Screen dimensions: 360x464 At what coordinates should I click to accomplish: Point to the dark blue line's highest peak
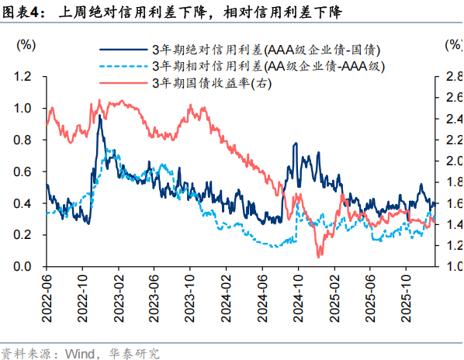[99, 116]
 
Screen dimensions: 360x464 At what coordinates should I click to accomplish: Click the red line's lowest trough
[319, 256]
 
